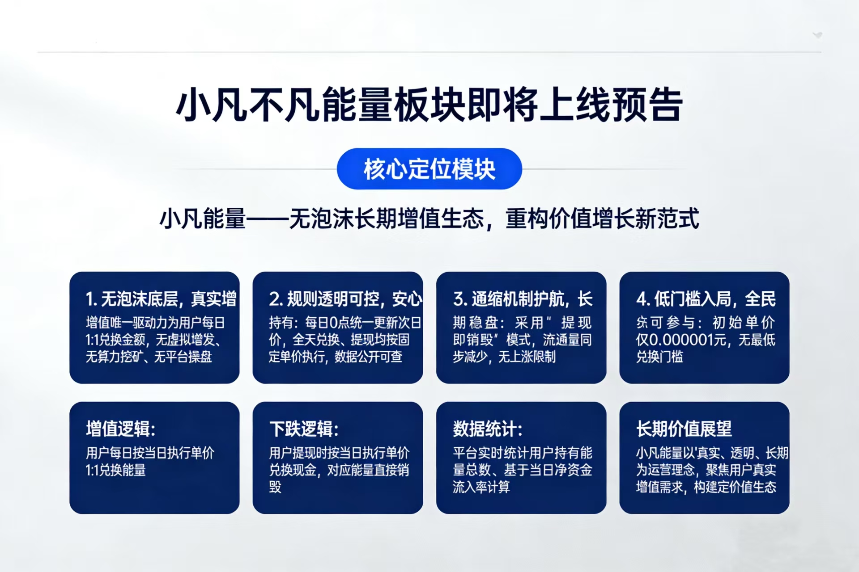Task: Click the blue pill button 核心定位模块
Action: click(x=429, y=169)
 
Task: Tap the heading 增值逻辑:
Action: click(x=120, y=429)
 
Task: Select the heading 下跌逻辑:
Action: click(x=304, y=429)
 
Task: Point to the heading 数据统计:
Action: click(x=487, y=429)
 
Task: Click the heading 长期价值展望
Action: click(x=684, y=429)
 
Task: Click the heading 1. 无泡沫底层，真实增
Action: click(x=161, y=299)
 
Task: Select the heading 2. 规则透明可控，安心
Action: click(x=345, y=299)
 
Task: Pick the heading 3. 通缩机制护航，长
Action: click(x=523, y=299)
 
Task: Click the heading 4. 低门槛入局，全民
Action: click(x=706, y=299)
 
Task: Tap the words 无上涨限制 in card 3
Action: click(x=527, y=357)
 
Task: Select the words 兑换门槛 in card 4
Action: click(x=659, y=357)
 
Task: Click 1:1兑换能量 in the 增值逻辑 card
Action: click(x=115, y=470)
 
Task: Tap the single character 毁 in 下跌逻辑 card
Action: click(x=275, y=487)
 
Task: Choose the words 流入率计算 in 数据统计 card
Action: click(x=481, y=487)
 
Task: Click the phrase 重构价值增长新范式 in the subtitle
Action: click(x=602, y=219)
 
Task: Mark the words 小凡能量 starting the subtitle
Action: click(x=203, y=219)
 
